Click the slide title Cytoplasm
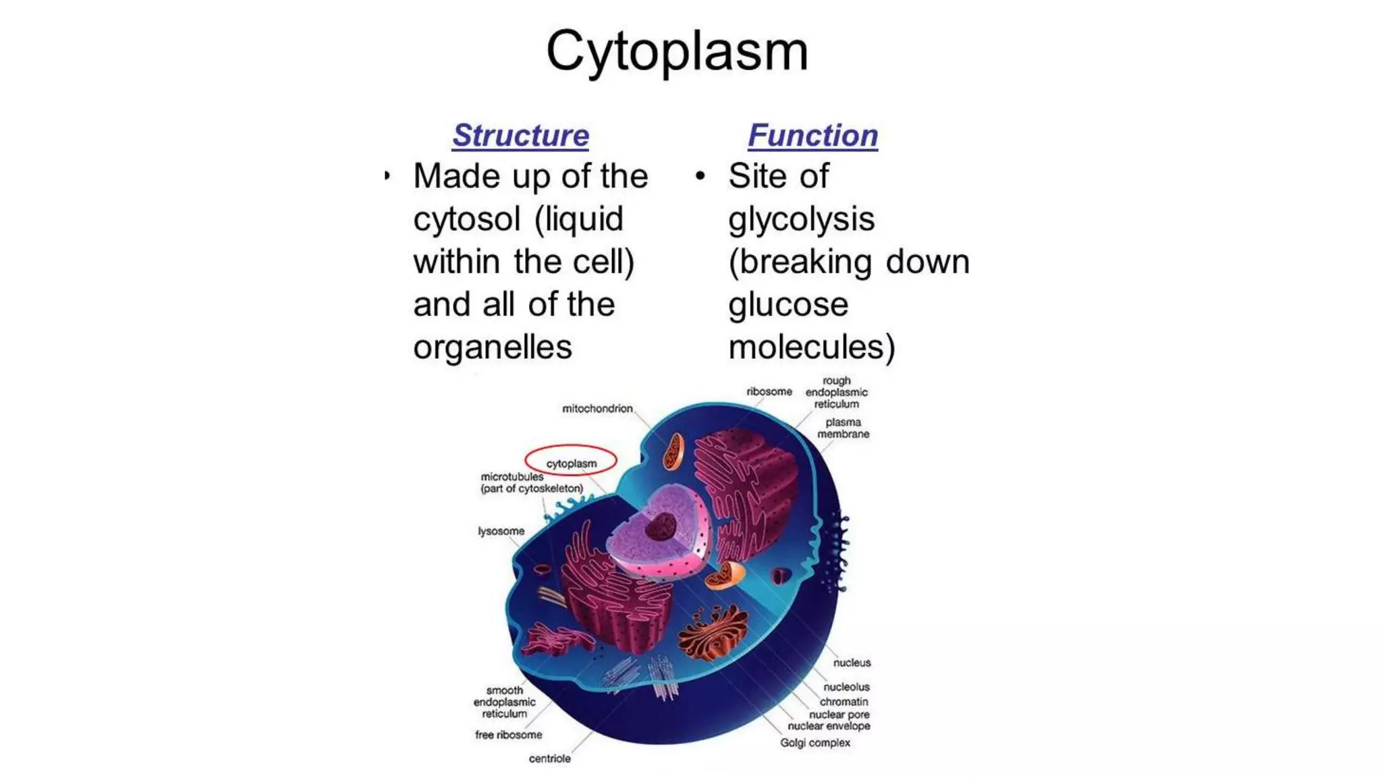(x=677, y=51)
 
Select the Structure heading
(x=520, y=136)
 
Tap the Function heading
(x=812, y=136)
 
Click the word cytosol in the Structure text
(x=467, y=219)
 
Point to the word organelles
(x=493, y=347)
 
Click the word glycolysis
(x=801, y=219)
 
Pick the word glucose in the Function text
(x=787, y=305)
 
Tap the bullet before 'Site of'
(x=700, y=176)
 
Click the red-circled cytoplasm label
(x=571, y=463)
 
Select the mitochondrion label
(x=597, y=409)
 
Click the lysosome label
(x=501, y=531)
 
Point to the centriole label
(x=549, y=759)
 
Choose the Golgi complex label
(x=814, y=743)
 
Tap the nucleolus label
(x=846, y=687)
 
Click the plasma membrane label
(x=843, y=428)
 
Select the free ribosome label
(x=508, y=735)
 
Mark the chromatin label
(x=844, y=701)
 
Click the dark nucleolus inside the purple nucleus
(x=661, y=526)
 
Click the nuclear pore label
(x=839, y=714)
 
